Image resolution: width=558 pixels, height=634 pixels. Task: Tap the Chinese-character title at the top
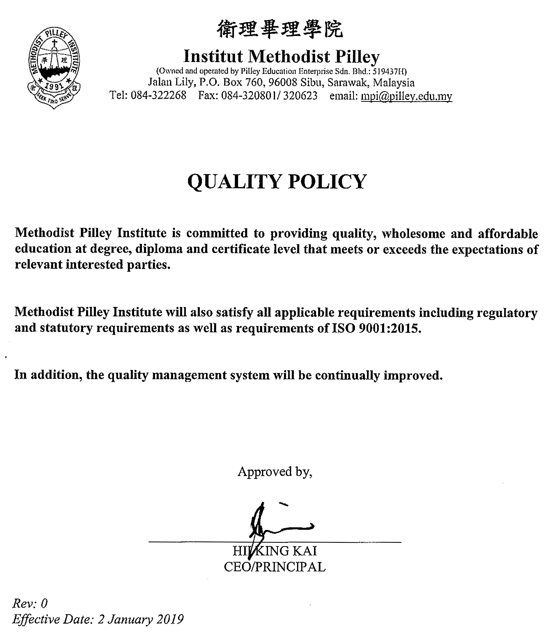tap(279, 30)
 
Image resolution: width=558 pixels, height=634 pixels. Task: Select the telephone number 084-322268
tap(158, 95)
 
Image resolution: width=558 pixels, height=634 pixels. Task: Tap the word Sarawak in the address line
tap(347, 83)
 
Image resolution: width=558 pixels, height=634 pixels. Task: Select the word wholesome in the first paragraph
tap(413, 234)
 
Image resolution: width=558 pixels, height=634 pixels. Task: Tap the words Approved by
tap(274, 472)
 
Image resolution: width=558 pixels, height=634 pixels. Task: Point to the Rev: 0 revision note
tap(30, 604)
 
